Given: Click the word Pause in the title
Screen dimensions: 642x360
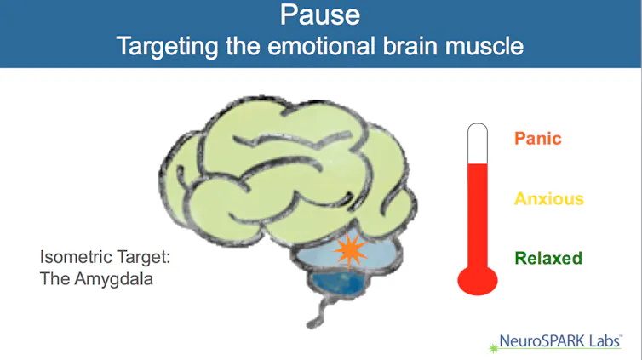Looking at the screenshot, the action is pos(320,15).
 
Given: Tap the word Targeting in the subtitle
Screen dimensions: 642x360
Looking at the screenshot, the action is pos(167,46).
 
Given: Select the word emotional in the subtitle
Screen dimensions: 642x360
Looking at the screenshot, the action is pos(321,45).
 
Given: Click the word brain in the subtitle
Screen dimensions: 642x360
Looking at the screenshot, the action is pos(410,45).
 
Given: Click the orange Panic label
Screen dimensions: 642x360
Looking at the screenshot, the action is pos(537,138).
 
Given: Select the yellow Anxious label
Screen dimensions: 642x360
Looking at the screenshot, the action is pos(548,199).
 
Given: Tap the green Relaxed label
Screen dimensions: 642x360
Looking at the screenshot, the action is pos(548,258).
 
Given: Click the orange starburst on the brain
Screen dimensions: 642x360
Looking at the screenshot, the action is pos(349,250).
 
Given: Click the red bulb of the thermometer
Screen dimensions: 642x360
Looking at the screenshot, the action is pos(478,281).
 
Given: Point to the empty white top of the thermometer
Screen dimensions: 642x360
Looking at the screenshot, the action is pos(478,144).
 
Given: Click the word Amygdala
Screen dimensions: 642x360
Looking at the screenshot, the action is pos(114,280).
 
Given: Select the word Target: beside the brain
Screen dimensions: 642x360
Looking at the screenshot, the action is pos(143,257).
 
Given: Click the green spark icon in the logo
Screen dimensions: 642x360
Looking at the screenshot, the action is pos(494,348).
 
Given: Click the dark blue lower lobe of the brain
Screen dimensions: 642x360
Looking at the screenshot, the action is pos(339,283).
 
